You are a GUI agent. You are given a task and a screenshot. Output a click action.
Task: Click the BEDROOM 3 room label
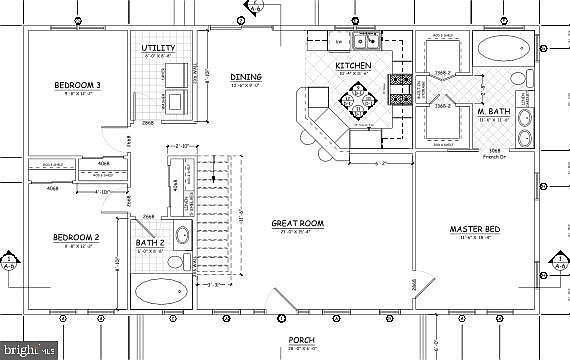tap(76, 86)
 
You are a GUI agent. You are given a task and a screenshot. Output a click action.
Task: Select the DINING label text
tap(246, 77)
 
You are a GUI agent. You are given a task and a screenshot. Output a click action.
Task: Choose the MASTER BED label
tap(477, 229)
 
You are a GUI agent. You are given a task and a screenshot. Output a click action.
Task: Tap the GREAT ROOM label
tap(295, 224)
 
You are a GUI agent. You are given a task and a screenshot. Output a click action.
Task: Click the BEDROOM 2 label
tap(76, 238)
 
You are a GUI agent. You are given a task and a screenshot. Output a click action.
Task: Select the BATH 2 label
tap(151, 243)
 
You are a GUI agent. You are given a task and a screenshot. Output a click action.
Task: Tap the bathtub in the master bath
tap(503, 49)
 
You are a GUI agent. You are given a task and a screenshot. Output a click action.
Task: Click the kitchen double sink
tap(365, 41)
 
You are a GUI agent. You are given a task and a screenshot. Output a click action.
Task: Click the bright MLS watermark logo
tap(29, 350)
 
